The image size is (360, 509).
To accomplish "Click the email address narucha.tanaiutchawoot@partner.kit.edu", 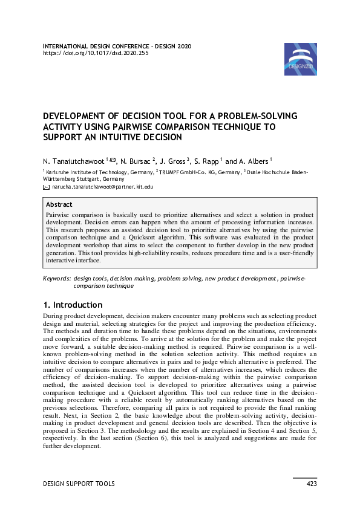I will [103, 187].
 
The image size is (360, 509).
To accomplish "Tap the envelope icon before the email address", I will [47, 187].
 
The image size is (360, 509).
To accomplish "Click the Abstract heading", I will [59, 205].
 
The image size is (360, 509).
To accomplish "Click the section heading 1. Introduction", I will [73, 305].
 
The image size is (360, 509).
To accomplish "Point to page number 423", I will [312, 484].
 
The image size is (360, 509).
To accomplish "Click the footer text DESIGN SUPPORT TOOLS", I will [79, 484].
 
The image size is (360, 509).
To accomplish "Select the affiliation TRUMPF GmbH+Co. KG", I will [188, 172].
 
